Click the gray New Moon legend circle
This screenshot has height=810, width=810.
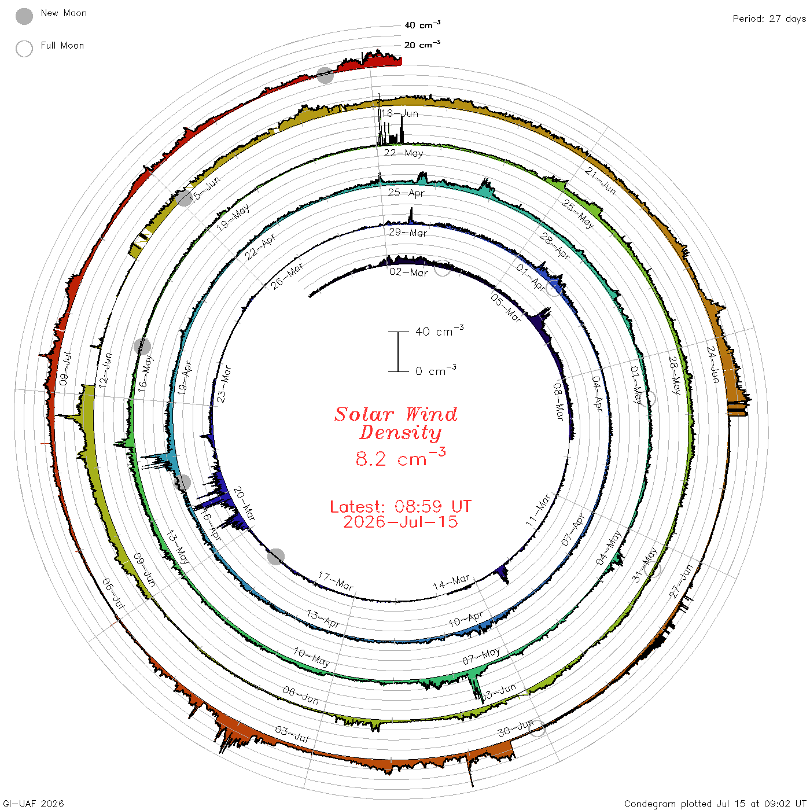click(x=24, y=16)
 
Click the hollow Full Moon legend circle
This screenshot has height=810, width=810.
click(x=24, y=49)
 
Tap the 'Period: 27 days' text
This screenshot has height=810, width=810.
click(x=769, y=19)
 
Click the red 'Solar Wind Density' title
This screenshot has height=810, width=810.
click(x=396, y=424)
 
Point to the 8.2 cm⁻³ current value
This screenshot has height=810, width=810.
click(x=400, y=458)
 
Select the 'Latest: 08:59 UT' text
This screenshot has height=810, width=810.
click(x=400, y=506)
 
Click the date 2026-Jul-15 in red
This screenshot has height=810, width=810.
click(x=400, y=522)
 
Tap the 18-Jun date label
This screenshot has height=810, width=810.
click(x=400, y=113)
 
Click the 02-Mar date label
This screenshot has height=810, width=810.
click(x=408, y=273)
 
